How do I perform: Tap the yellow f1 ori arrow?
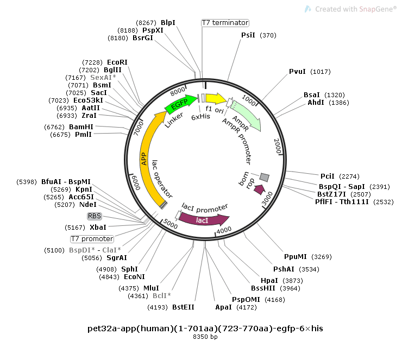[215, 98]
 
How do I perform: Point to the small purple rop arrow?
[259, 190]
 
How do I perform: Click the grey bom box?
[265, 177]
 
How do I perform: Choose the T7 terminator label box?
[225, 23]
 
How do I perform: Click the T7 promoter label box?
[92, 239]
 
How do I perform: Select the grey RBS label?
[95, 216]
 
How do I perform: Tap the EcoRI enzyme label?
[117, 62]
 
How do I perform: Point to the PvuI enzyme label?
[298, 72]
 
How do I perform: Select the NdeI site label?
[87, 205]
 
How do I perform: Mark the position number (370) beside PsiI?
[268, 35]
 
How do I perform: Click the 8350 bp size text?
[205, 337]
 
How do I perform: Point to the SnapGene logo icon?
[308, 9]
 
